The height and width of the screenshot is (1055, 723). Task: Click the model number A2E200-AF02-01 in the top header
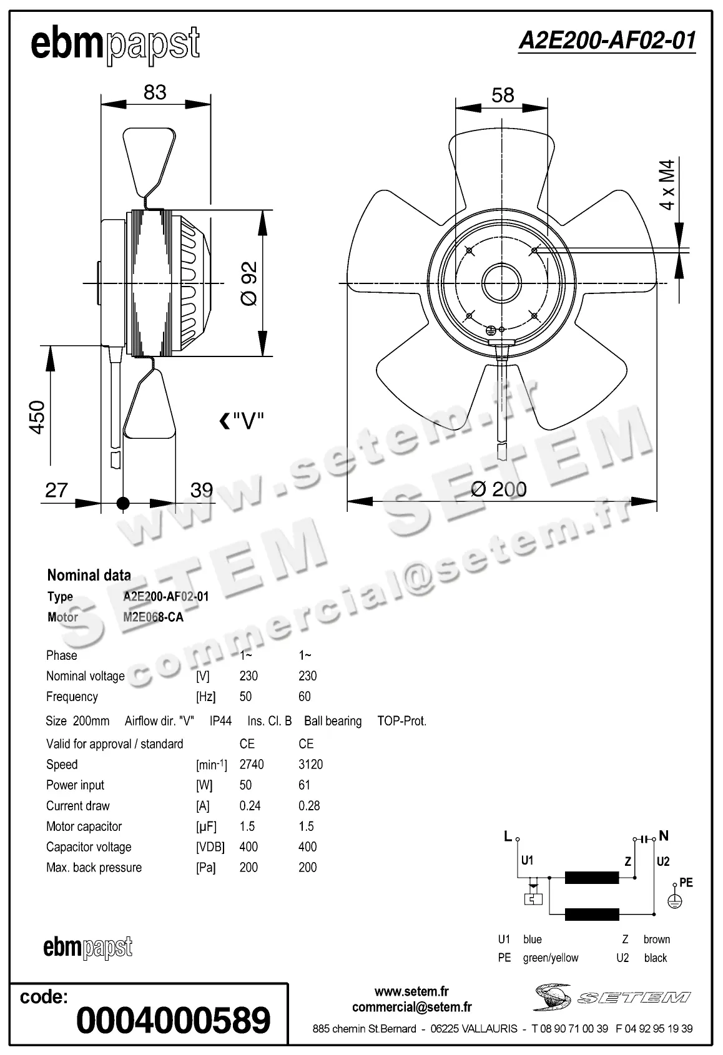606,41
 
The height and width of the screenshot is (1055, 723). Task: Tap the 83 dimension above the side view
155,92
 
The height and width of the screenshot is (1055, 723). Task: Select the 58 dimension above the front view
503,96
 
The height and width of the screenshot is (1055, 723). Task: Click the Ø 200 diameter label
498,489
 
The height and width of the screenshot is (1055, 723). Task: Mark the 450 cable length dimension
37,417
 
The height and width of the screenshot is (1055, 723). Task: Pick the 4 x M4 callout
667,185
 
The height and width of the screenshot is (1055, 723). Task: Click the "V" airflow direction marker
242,422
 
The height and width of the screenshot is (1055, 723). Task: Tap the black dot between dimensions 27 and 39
123,503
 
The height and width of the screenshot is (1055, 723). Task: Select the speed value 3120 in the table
310,765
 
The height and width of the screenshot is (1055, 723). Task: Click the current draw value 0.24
250,806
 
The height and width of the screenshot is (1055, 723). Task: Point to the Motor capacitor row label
84,827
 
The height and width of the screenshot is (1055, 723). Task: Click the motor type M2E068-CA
153,617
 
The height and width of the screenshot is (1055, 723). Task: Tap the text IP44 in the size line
220,721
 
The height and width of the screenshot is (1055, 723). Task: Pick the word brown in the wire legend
656,940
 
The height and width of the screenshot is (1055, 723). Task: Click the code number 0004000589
173,1020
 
